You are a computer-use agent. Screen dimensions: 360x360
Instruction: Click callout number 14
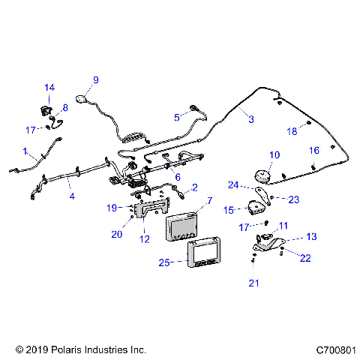coord(49,88)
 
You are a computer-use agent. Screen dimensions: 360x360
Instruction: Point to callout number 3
coord(250,119)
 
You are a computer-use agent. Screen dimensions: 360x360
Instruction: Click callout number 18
coord(293,131)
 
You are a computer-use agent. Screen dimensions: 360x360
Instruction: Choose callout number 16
coord(314,151)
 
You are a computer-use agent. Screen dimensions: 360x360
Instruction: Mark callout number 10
coord(274,155)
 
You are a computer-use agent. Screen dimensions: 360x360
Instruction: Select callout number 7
coord(209,202)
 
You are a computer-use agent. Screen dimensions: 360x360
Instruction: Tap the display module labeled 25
coord(203,253)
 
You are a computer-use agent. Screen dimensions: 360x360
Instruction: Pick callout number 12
coord(145,239)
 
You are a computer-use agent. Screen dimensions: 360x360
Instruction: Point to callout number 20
coord(116,234)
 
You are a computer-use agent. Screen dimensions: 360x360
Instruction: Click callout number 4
coord(72,198)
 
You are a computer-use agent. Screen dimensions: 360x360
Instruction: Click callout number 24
coord(233,184)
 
